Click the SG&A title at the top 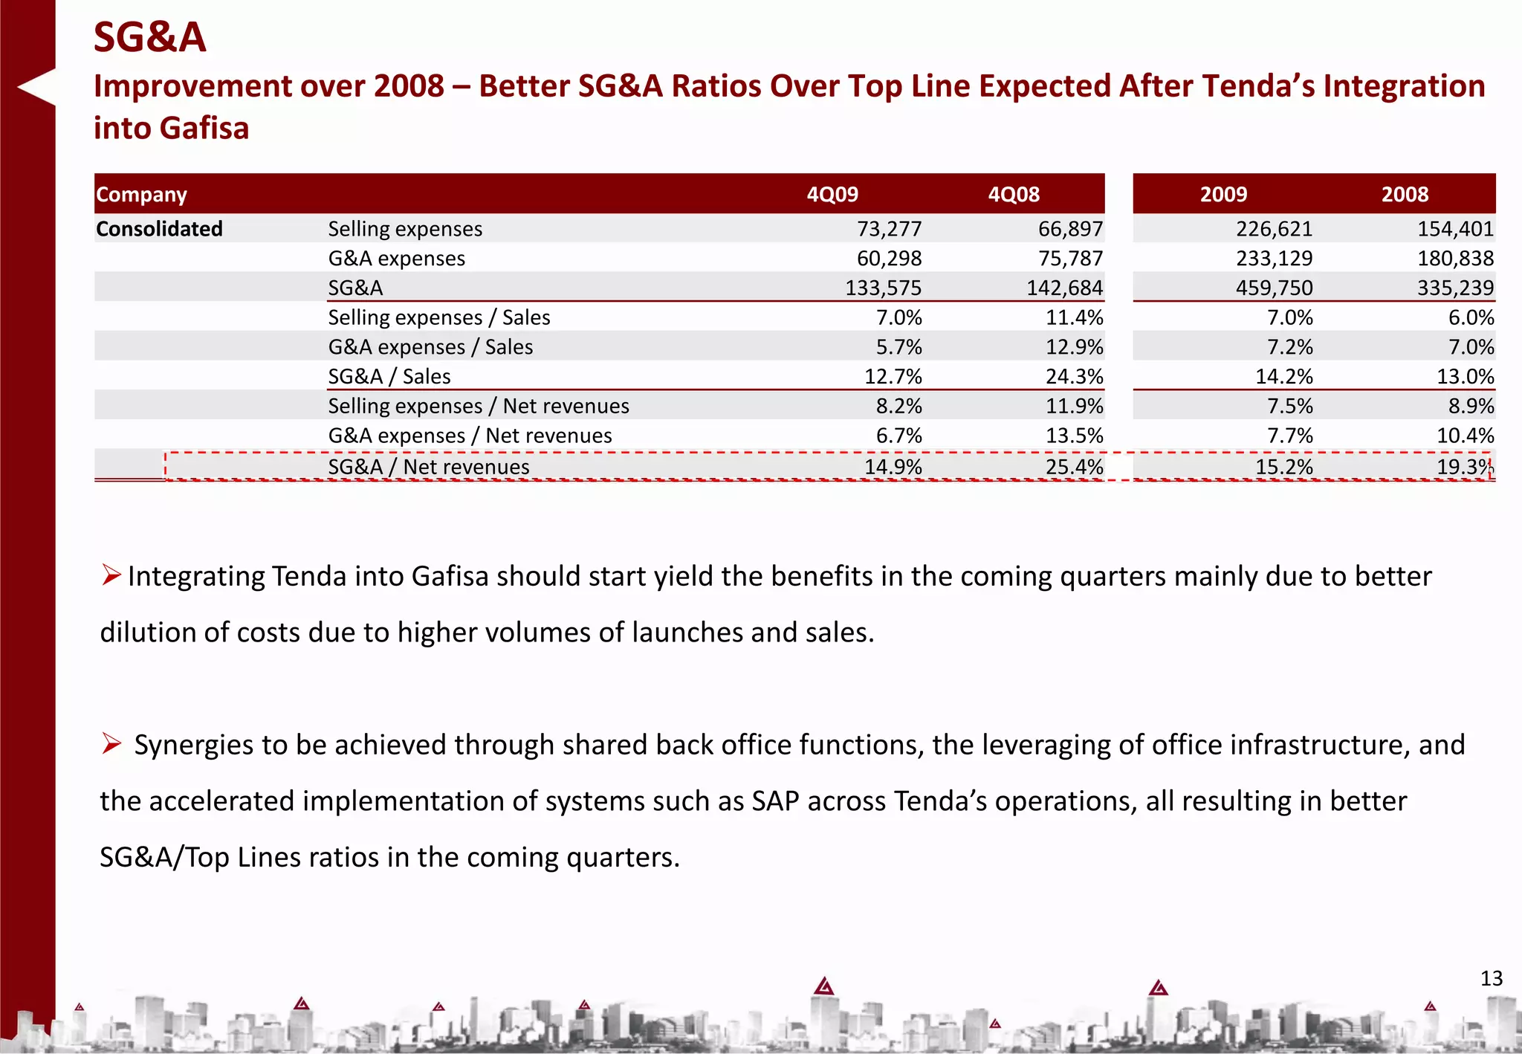149,37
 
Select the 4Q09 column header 832,195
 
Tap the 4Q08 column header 1014,195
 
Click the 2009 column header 1223,195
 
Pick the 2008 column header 1405,195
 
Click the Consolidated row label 159,229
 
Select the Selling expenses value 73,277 889,229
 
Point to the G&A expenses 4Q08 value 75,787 1070,259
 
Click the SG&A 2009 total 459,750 1274,288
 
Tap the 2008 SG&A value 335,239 1455,288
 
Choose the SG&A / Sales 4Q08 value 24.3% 1074,377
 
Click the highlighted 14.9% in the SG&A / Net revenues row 893,467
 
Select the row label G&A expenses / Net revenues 470,436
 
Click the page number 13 1491,978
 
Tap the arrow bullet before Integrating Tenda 111,575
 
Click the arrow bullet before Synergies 111,743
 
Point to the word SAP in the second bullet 775,801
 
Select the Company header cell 141,195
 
